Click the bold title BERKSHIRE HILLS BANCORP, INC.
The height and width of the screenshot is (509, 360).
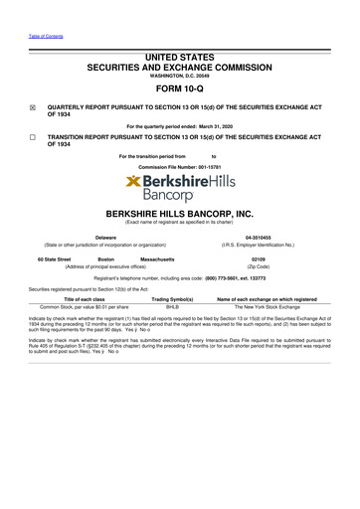[x=179, y=214]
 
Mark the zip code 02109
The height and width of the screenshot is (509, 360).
[x=260, y=258]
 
